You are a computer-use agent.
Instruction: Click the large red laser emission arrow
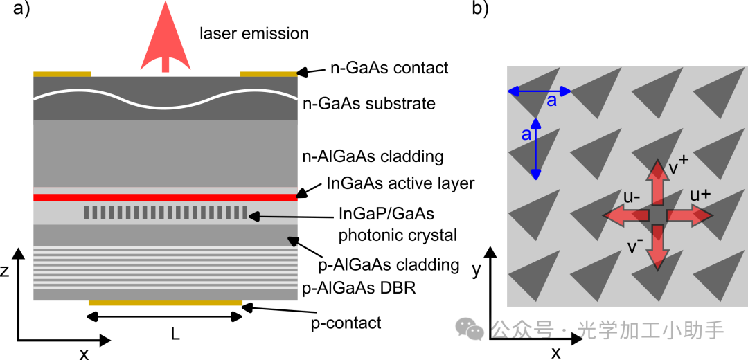pos(165,38)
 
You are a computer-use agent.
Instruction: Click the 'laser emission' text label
pos(254,33)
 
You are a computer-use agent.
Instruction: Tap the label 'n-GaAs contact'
pos(390,68)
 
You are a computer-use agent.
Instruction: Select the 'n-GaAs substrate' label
pos(369,103)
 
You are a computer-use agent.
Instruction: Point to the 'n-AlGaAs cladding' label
pos(373,156)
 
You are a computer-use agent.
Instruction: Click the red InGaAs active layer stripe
pos(165,197)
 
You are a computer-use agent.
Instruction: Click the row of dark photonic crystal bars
pos(166,212)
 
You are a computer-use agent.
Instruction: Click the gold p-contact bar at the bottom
pos(166,303)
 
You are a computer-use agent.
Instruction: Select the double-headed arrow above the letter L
pos(166,316)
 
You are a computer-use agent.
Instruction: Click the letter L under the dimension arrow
pos(175,335)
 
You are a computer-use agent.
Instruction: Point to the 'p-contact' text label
pos(346,323)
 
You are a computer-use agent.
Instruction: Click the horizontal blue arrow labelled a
pos(539,91)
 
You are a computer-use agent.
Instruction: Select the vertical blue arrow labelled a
pos(536,149)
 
